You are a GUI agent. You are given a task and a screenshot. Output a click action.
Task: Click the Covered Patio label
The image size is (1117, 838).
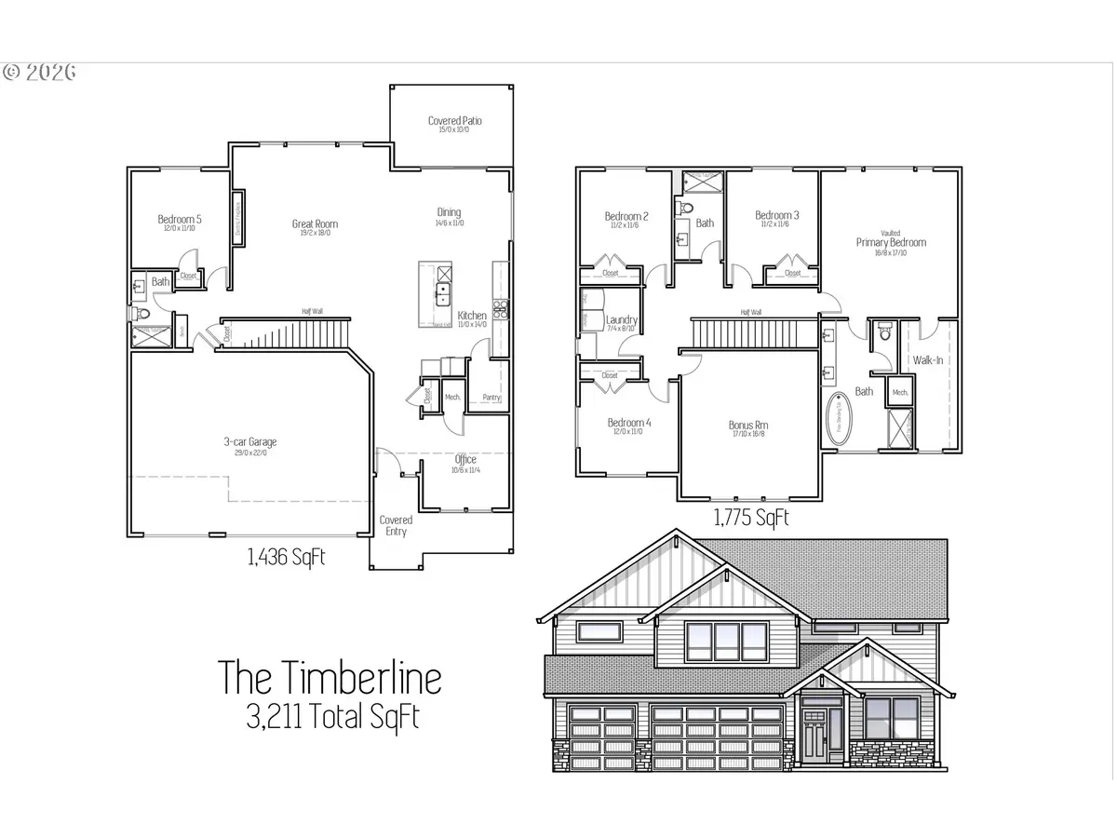(x=455, y=121)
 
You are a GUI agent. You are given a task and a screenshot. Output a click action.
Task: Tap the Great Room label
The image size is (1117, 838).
(x=315, y=223)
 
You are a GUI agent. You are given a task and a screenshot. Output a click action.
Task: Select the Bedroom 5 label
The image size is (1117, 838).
(x=180, y=220)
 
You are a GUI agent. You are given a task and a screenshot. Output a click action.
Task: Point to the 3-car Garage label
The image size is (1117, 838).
(x=249, y=442)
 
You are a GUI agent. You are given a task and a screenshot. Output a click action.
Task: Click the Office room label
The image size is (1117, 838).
(x=465, y=460)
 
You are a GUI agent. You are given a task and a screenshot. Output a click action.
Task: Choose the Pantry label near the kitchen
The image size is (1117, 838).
(x=491, y=398)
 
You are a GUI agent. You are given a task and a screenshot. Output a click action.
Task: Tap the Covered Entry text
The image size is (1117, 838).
(x=396, y=526)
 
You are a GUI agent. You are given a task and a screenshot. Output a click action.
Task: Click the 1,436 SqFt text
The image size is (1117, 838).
(x=286, y=558)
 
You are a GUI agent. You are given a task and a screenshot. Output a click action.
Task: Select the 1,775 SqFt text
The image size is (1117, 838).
(x=750, y=518)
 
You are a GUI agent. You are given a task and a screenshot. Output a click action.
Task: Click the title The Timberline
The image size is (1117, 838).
(x=329, y=677)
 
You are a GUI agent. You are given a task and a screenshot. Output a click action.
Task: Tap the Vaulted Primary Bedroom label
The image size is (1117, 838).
(x=891, y=242)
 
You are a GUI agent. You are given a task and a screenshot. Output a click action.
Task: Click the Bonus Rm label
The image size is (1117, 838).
(x=748, y=426)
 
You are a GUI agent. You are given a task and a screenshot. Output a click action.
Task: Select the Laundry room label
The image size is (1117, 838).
(x=622, y=320)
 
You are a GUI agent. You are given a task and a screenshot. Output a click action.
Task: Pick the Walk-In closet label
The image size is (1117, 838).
(x=930, y=359)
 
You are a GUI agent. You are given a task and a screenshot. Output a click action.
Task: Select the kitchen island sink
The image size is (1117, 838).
(x=443, y=294)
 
